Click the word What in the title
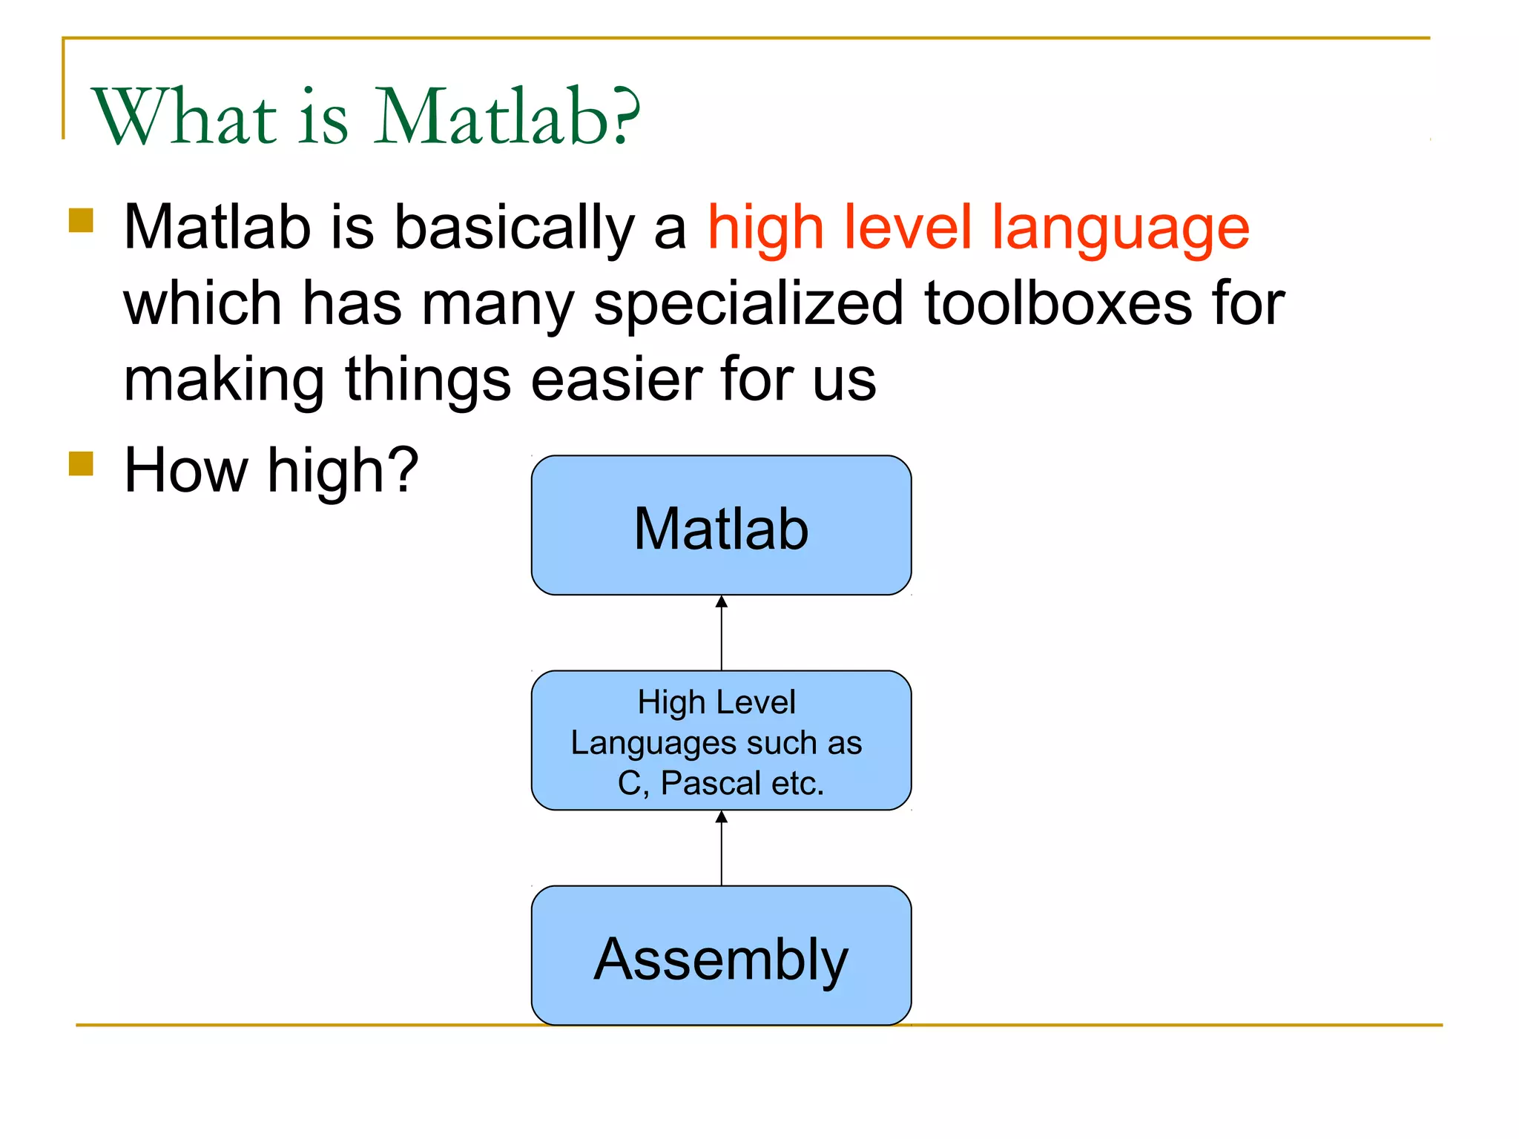coord(184,117)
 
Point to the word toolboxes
coord(1057,303)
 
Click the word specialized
coord(748,305)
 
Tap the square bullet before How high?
coord(81,464)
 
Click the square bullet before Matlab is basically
coord(81,220)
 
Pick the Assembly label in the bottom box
coord(721,960)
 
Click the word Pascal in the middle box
coord(711,783)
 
